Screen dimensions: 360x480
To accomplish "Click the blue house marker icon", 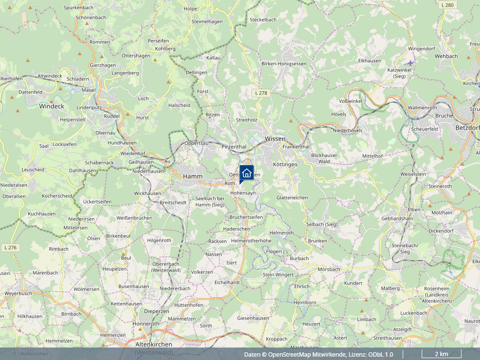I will click(x=246, y=173).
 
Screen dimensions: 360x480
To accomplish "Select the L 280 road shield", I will click(x=447, y=5).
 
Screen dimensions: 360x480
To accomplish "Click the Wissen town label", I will click(x=275, y=138).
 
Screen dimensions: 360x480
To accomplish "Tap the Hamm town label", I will click(x=192, y=177).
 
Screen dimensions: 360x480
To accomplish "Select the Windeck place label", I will click(x=51, y=106).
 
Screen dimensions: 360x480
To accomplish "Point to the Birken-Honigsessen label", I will click(x=284, y=63).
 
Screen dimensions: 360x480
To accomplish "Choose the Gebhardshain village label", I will click(x=397, y=218).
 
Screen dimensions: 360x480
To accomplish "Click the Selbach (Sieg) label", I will click(x=322, y=224).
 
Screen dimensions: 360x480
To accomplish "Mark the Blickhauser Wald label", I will click(x=324, y=158).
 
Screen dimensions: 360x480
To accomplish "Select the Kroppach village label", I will click(x=276, y=339).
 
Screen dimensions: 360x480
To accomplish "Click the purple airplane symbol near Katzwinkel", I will click(x=409, y=62).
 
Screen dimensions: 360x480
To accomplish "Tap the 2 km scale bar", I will click(x=441, y=355).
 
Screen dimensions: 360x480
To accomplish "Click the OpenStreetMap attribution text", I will click(x=318, y=355).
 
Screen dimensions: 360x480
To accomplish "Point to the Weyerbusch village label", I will click(x=18, y=293).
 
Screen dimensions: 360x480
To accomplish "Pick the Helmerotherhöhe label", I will click(x=251, y=240).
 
